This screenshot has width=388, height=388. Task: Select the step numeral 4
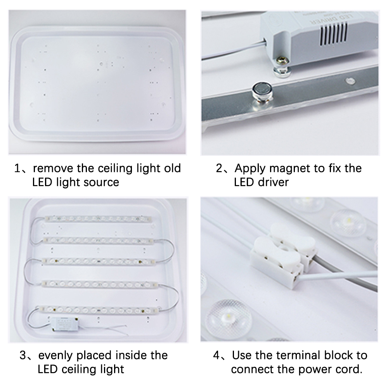click(217, 355)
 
